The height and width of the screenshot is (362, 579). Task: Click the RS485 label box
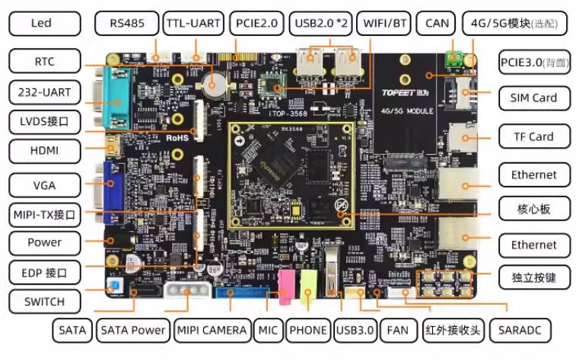tap(127, 23)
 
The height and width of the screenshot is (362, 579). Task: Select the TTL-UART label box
tap(193, 23)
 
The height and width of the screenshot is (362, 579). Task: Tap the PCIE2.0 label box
tap(257, 23)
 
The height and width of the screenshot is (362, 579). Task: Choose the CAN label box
tap(437, 23)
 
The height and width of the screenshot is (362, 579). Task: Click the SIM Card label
tap(534, 98)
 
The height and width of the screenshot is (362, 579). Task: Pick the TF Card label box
tap(534, 136)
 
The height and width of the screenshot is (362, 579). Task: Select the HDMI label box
tap(45, 150)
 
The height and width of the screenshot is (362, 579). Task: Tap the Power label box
tap(45, 242)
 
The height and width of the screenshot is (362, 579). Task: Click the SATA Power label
tap(133, 330)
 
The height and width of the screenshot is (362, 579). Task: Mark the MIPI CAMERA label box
tap(212, 330)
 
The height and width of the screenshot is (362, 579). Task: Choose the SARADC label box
tap(520, 330)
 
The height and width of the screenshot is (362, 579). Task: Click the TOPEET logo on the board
tap(400, 98)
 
